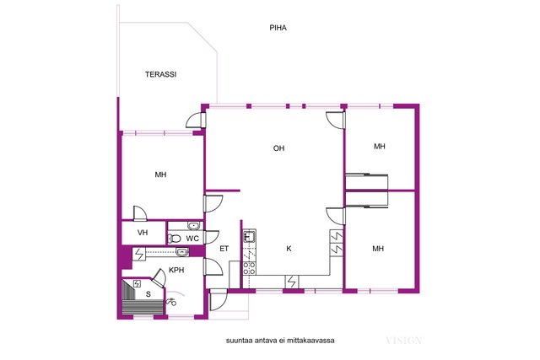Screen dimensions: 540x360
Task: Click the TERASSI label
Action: (160, 74)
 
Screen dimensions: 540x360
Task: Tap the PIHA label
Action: (278, 28)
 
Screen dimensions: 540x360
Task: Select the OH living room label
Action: (278, 148)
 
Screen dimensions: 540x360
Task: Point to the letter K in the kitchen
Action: (289, 249)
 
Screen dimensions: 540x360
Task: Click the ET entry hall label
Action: (224, 249)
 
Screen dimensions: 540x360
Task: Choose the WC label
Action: (192, 238)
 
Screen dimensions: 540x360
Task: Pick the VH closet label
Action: (143, 233)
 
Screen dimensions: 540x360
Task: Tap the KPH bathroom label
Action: (176, 270)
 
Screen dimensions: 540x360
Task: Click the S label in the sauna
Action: (148, 294)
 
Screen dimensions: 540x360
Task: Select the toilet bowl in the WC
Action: (175, 238)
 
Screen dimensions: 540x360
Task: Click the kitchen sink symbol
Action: (250, 236)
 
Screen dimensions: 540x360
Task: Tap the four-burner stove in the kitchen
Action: (250, 268)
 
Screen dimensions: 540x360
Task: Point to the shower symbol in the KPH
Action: (171, 302)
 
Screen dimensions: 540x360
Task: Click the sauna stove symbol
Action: (137, 283)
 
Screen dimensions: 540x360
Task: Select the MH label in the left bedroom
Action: (160, 175)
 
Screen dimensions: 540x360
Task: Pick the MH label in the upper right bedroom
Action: (380, 146)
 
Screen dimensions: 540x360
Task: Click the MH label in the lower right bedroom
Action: (378, 249)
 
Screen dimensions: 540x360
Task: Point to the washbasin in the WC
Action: (193, 226)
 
